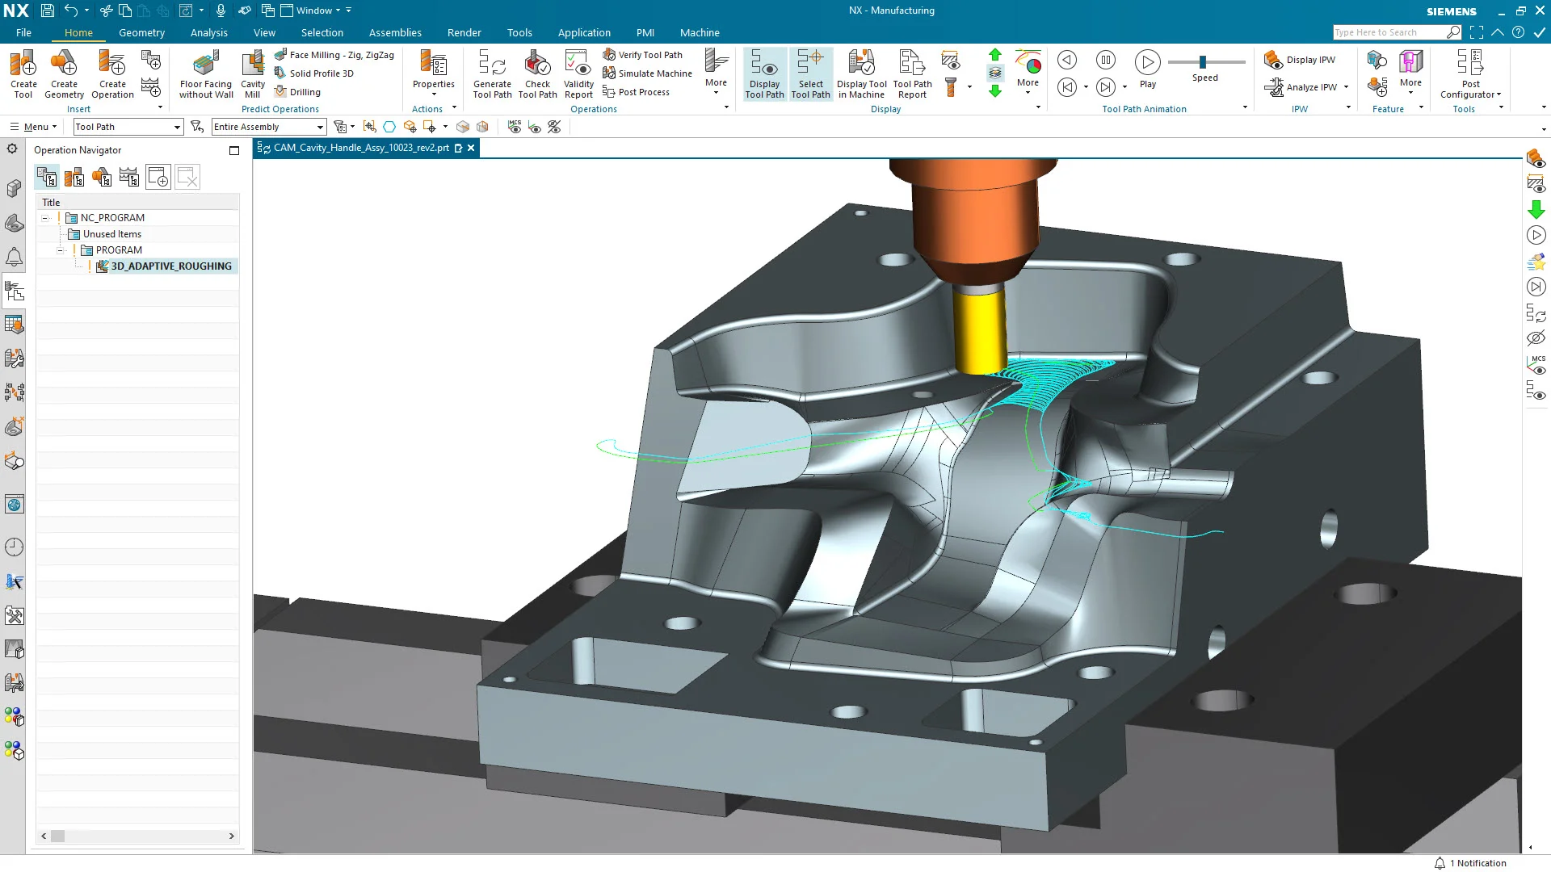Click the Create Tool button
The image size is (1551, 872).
click(23, 73)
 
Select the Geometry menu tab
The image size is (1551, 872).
click(141, 32)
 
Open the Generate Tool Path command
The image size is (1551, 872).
click(492, 73)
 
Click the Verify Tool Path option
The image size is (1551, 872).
click(649, 55)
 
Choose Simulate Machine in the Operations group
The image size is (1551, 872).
click(654, 73)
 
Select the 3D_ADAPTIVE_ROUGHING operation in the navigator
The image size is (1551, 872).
click(170, 266)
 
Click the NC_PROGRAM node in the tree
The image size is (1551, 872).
click(112, 218)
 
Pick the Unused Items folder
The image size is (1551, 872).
click(111, 234)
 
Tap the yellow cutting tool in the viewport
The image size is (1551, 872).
click(978, 331)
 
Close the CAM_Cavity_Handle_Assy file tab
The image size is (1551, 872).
click(471, 148)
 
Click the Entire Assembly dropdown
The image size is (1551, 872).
click(268, 127)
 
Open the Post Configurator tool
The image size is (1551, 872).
click(1470, 73)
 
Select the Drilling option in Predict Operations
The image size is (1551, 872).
click(305, 92)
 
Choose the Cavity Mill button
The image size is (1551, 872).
click(253, 73)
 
